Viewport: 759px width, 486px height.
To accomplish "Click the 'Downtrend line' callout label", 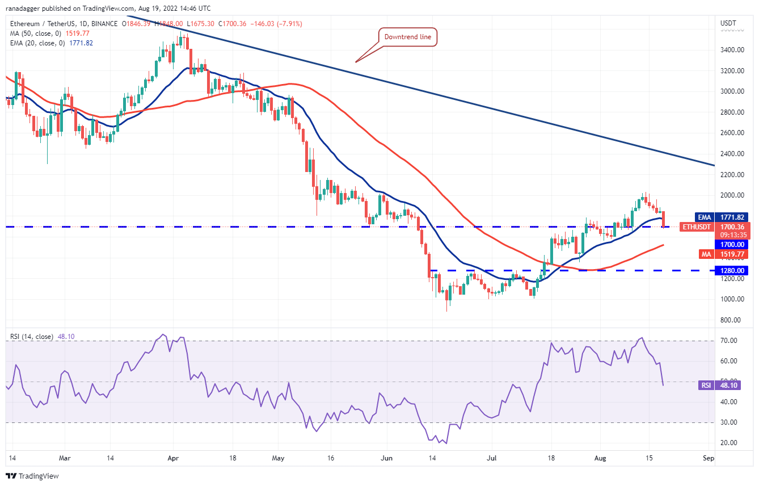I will (x=408, y=37).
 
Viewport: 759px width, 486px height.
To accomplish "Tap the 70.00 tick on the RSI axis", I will (x=728, y=341).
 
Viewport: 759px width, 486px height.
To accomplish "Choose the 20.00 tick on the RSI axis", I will (x=728, y=443).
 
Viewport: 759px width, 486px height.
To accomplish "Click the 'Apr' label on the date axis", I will (x=174, y=457).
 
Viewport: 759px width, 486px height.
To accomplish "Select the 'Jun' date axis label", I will (x=387, y=457).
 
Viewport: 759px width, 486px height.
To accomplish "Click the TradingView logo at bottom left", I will (x=32, y=476).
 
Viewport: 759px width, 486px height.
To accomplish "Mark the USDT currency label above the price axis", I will (x=728, y=23).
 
